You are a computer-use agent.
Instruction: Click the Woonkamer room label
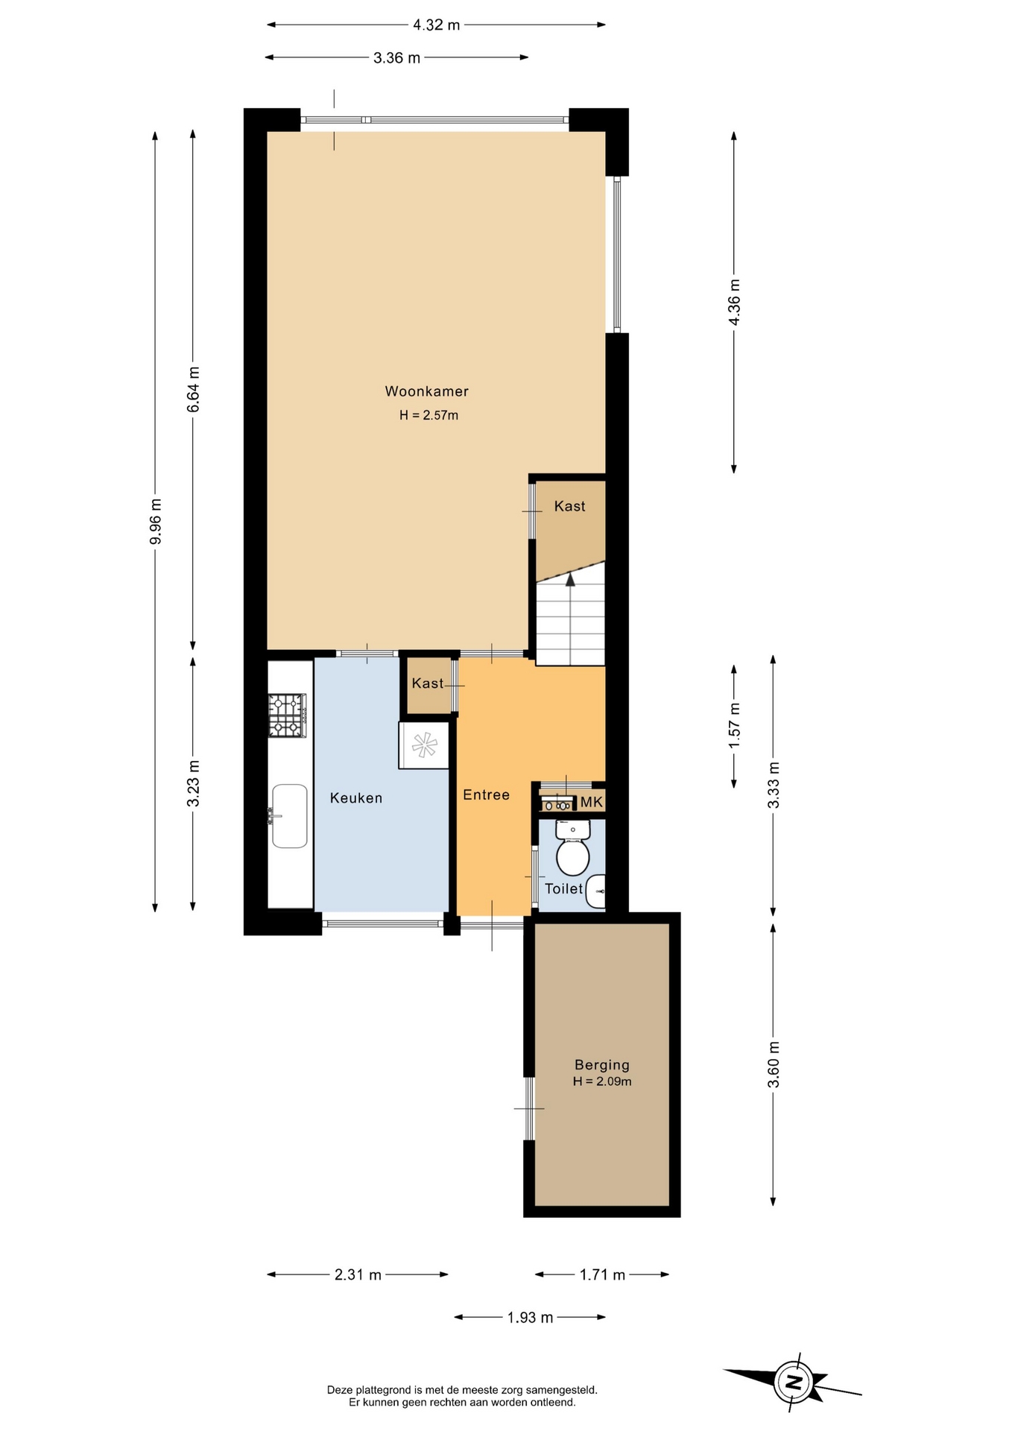click(x=426, y=391)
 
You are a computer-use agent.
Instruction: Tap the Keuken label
click(x=356, y=798)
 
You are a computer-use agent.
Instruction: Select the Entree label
click(x=487, y=795)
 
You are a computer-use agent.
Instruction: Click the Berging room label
click(x=602, y=1066)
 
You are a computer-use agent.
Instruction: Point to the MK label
click(x=592, y=803)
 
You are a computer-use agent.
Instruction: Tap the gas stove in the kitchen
click(x=288, y=715)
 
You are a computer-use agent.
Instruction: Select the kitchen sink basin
click(x=290, y=816)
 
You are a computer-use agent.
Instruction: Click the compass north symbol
click(x=794, y=1384)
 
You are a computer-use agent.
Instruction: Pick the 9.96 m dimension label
click(x=156, y=521)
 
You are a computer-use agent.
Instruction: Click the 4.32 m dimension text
click(x=437, y=25)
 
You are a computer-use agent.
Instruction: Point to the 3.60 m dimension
click(x=774, y=1065)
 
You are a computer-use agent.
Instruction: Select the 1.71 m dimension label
click(x=603, y=1275)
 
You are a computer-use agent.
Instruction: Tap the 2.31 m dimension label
click(x=358, y=1275)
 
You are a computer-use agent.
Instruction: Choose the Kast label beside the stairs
click(x=570, y=507)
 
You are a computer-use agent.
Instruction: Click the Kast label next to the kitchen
click(x=428, y=683)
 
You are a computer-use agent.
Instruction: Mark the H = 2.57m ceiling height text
click(x=428, y=416)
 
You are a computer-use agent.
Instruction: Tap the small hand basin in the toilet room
click(x=596, y=892)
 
